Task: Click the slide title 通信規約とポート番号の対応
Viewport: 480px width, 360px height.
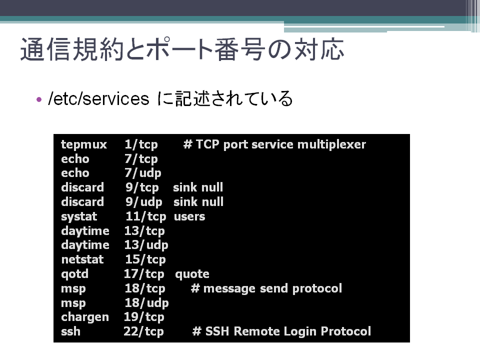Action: point(182,49)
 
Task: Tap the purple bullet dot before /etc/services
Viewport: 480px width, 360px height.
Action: point(39,99)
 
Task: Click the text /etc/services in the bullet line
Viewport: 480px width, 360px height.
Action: point(98,99)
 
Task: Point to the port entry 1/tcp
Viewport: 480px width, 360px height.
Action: point(141,144)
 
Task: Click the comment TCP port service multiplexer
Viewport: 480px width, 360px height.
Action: point(280,144)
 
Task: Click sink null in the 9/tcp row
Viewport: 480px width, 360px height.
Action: point(198,187)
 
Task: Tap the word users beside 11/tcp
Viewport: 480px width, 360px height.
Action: point(189,216)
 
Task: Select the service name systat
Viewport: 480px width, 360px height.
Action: point(79,216)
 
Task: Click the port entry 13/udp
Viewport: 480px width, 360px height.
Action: point(146,245)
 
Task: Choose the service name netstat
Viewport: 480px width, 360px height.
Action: point(82,259)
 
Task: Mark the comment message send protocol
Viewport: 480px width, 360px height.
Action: point(272,288)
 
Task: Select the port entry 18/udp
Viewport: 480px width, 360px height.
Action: point(146,303)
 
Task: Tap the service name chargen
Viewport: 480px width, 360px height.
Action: point(85,317)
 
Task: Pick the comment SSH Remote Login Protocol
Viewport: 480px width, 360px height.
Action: point(288,331)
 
